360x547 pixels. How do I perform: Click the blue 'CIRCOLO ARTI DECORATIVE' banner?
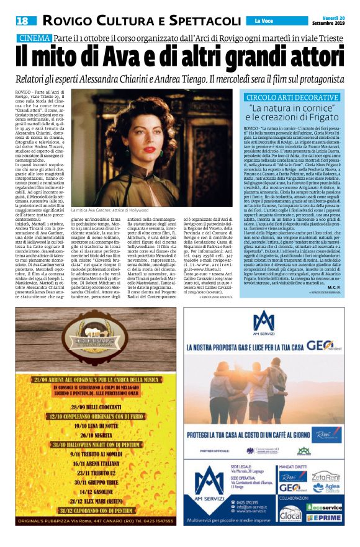click(x=292, y=97)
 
